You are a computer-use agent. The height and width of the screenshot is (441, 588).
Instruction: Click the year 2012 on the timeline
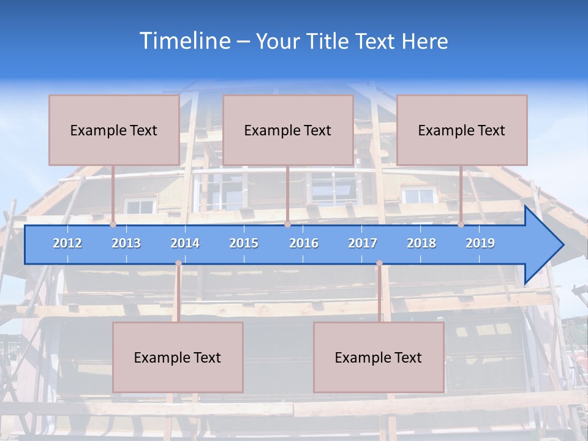point(67,243)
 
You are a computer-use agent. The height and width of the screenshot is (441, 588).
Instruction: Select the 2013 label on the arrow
point(126,243)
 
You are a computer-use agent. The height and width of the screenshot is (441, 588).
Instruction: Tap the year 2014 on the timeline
point(185,243)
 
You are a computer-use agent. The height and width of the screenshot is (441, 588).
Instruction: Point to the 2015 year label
point(244,243)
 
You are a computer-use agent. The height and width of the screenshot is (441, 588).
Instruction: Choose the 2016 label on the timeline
point(304,243)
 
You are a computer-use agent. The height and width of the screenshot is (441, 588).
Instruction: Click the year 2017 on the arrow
point(363,243)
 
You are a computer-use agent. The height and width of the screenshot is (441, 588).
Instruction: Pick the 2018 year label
point(421,243)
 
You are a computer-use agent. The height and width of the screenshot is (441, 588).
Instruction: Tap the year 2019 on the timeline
point(480,243)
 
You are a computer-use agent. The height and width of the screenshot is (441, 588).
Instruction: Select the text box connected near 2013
point(114,130)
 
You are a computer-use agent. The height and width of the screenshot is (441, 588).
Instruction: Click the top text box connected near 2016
point(288,130)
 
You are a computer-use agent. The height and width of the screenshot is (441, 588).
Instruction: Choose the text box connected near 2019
point(462,130)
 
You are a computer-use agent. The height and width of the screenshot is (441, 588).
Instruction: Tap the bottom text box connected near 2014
point(178,357)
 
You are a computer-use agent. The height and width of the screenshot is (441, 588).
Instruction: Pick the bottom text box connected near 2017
point(379,357)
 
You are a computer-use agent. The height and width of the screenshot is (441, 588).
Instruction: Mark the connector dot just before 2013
point(113,224)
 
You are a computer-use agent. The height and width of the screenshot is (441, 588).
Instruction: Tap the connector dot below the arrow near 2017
point(379,263)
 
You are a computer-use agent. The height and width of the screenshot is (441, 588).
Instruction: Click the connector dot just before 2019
point(461,224)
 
